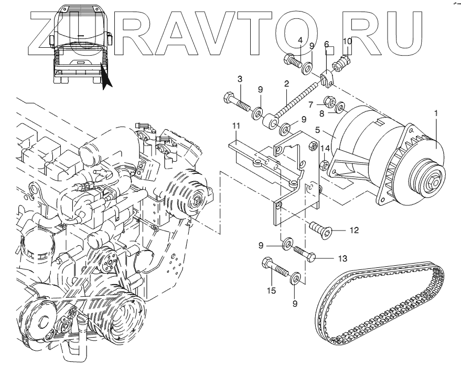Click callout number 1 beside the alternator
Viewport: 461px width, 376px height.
pyautogui.click(x=436, y=113)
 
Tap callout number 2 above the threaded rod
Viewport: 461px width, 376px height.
pyautogui.click(x=287, y=83)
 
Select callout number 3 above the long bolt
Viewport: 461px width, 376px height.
pyautogui.click(x=240, y=79)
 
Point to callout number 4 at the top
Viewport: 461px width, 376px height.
pyautogui.click(x=300, y=40)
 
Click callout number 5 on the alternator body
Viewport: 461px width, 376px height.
pyautogui.click(x=317, y=130)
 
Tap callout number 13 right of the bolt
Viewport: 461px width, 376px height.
pyautogui.click(x=342, y=258)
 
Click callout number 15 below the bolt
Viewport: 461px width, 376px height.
pyautogui.click(x=271, y=290)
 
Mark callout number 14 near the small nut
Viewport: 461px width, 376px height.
pyautogui.click(x=325, y=148)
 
